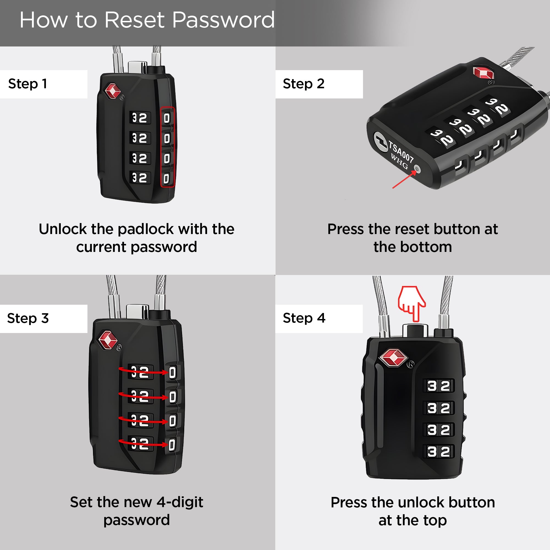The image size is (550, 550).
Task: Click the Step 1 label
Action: [x=28, y=84]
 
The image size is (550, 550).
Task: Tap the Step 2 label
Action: [x=304, y=84]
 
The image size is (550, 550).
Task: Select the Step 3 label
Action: [x=28, y=318]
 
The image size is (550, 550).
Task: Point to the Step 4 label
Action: [x=304, y=318]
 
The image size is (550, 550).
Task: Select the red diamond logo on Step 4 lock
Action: [x=394, y=358]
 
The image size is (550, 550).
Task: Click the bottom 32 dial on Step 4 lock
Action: [x=439, y=452]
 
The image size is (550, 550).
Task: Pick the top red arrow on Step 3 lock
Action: [x=144, y=371]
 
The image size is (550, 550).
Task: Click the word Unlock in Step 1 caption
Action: [x=63, y=229]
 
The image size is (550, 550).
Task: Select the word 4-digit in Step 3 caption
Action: [x=180, y=502]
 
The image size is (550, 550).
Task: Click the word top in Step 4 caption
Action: [x=435, y=521]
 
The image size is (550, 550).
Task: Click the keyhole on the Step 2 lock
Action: [x=381, y=140]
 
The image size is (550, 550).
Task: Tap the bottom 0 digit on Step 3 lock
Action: [x=172, y=445]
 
